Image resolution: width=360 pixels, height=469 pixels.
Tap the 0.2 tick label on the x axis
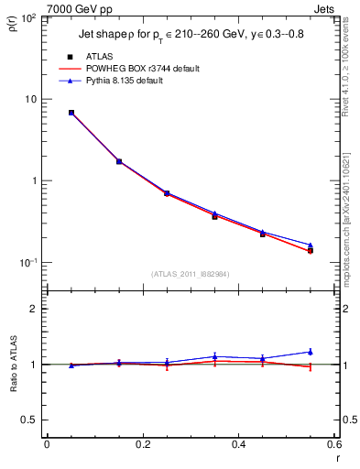click(142, 444)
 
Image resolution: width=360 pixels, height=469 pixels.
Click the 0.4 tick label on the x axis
click(238, 444)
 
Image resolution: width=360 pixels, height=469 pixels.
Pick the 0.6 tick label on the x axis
click(333, 444)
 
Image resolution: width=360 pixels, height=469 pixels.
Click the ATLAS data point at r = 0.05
click(71, 113)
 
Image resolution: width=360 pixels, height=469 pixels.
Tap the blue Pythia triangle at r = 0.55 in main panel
click(310, 245)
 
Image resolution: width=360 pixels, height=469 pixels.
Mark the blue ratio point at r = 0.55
click(310, 352)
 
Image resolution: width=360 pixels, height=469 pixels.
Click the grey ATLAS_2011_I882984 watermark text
click(190, 273)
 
